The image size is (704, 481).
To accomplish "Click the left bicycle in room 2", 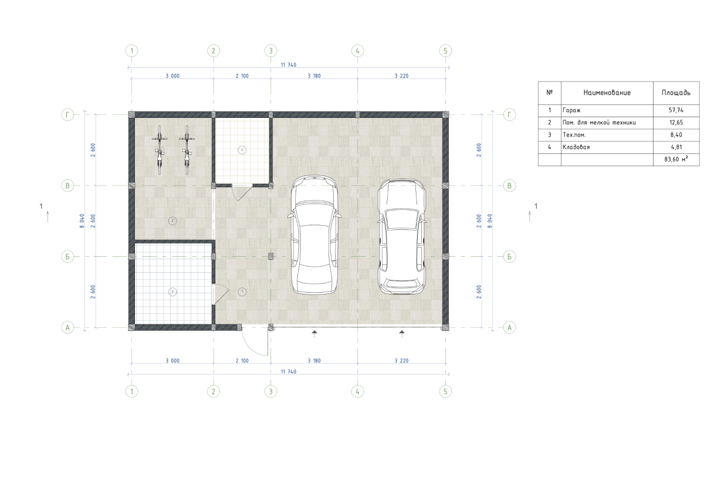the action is pyautogui.click(x=160, y=150).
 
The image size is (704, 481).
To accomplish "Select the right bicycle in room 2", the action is pyautogui.click(x=187, y=150).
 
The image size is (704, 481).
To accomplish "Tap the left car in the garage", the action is pyautogui.click(x=314, y=235).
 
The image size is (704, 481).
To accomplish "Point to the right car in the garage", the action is pyautogui.click(x=402, y=236).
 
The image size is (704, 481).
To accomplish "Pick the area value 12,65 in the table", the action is pyautogui.click(x=676, y=123).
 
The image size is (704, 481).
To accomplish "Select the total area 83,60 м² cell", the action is pyautogui.click(x=676, y=160).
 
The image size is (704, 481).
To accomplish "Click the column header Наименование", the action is pyautogui.click(x=607, y=93).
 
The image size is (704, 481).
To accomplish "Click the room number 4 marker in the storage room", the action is pyautogui.click(x=242, y=150).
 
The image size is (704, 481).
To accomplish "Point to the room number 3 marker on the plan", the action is pyautogui.click(x=172, y=292).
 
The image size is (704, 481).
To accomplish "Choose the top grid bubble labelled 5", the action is pyautogui.click(x=445, y=50).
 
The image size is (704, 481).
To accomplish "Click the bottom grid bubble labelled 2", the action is pyautogui.click(x=214, y=391).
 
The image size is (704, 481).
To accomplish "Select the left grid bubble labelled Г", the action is pyautogui.click(x=67, y=114).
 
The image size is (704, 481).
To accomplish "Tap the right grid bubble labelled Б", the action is pyautogui.click(x=509, y=257).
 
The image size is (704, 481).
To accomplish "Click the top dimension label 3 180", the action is pyautogui.click(x=314, y=76).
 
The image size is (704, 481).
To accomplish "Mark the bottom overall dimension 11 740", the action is pyautogui.click(x=289, y=372).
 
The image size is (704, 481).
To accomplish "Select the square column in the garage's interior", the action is pyautogui.click(x=270, y=256).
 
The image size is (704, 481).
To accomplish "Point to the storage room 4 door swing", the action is pyautogui.click(x=244, y=194).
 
